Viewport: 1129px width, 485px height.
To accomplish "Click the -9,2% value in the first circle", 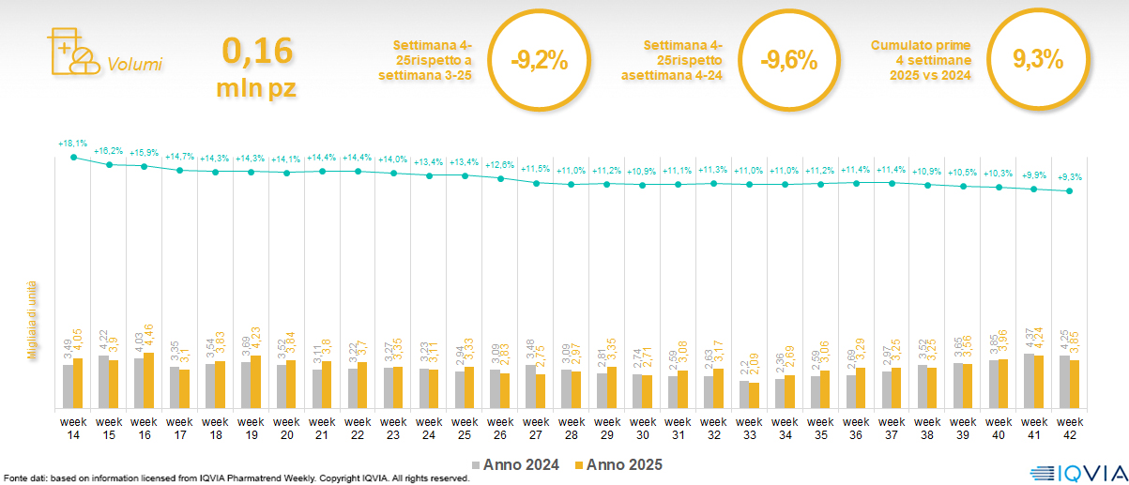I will [x=539, y=61].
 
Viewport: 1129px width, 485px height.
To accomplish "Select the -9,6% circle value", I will [x=788, y=61].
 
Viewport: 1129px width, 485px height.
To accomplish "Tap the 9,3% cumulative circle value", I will [x=1038, y=61].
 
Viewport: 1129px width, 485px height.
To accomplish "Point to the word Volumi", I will [x=134, y=65].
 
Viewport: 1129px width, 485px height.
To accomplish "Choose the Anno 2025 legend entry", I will [x=618, y=464].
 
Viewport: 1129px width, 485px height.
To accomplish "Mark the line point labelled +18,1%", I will [x=73, y=157].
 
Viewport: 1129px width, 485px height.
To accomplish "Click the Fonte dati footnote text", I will [x=235, y=478].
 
